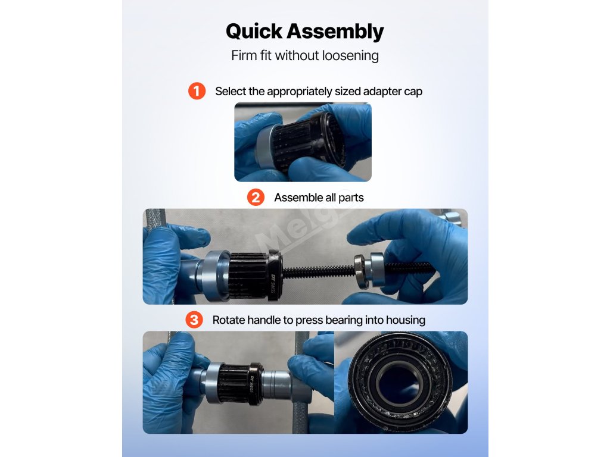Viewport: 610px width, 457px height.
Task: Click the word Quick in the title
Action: pos(254,31)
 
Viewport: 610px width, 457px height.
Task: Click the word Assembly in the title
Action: pos(335,32)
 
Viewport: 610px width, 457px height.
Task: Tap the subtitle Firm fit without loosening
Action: pos(305,55)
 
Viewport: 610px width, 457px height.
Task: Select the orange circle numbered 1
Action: pos(197,91)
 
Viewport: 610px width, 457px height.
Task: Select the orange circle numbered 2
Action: pos(256,198)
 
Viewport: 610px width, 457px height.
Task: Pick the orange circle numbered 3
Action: pos(194,320)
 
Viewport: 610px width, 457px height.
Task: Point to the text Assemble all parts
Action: pos(319,198)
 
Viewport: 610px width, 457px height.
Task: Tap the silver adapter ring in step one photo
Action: pos(264,146)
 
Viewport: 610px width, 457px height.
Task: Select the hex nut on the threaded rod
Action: pos(360,271)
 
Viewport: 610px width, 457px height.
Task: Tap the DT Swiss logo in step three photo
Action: pos(252,385)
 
